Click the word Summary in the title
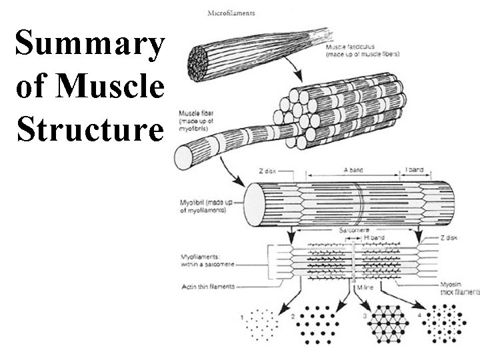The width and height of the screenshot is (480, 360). [89, 44]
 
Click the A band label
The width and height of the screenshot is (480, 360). [351, 170]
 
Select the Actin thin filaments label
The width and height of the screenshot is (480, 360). [208, 287]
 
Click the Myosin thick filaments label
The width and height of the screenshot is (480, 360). [459, 288]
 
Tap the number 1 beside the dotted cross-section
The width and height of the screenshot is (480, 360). [242, 317]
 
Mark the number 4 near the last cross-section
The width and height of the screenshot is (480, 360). [419, 314]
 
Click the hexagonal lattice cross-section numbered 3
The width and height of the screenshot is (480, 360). [389, 325]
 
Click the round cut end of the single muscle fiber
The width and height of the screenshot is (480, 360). [183, 157]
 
